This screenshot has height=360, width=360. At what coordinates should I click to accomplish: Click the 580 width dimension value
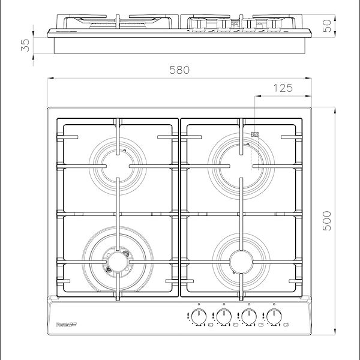(x=179, y=70)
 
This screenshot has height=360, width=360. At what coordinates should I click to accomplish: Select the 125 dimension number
(x=283, y=88)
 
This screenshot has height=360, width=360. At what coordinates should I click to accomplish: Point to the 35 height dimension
(x=25, y=46)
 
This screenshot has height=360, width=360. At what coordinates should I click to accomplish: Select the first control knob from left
(x=195, y=317)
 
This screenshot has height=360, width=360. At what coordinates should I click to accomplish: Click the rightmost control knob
(x=275, y=317)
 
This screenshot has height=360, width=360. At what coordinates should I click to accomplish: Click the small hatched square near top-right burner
(x=255, y=135)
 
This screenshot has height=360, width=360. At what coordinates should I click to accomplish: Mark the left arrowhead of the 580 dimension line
(x=50, y=77)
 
